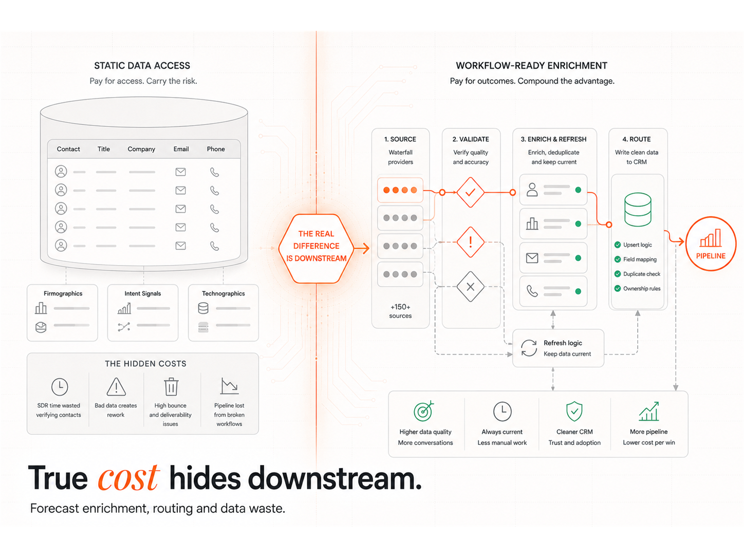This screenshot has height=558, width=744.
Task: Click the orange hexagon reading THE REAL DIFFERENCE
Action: [316, 248]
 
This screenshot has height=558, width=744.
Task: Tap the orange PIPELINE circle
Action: [711, 244]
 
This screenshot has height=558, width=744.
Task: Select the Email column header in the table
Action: [181, 149]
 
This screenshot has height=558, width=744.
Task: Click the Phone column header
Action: [216, 149]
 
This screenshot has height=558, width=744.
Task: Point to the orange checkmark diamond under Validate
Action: [470, 192]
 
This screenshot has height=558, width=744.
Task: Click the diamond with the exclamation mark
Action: [470, 242]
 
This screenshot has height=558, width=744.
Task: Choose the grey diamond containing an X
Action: [470, 287]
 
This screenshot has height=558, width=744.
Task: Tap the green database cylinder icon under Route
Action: [637, 209]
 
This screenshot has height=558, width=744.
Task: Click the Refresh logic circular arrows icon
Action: [528, 348]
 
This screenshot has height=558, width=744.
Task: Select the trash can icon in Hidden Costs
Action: [171, 386]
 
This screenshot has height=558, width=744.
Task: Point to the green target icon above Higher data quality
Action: [423, 411]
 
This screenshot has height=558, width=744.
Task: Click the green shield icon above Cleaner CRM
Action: [574, 411]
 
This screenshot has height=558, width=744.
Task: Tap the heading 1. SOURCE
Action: [400, 139]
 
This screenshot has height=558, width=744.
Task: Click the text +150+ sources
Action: [400, 311]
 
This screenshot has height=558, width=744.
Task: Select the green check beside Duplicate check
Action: [617, 274]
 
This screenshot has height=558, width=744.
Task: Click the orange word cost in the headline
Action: [128, 478]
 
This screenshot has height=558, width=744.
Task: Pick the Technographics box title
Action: [223, 293]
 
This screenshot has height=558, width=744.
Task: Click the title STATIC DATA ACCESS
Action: [142, 66]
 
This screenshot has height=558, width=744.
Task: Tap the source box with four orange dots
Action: [400, 190]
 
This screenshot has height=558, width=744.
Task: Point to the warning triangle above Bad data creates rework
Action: [116, 387]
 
